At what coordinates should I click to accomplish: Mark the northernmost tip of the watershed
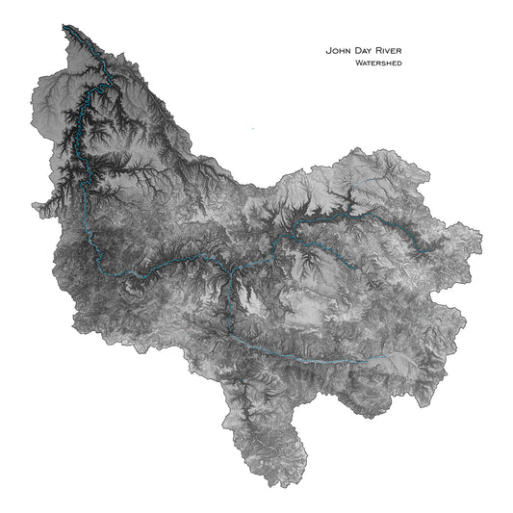pyautogui.click(x=64, y=25)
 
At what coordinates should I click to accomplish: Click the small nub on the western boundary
pyautogui.click(x=36, y=205)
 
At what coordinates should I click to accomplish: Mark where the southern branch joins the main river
pyautogui.click(x=227, y=265)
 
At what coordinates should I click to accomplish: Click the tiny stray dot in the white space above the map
pyautogui.click(x=252, y=126)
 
